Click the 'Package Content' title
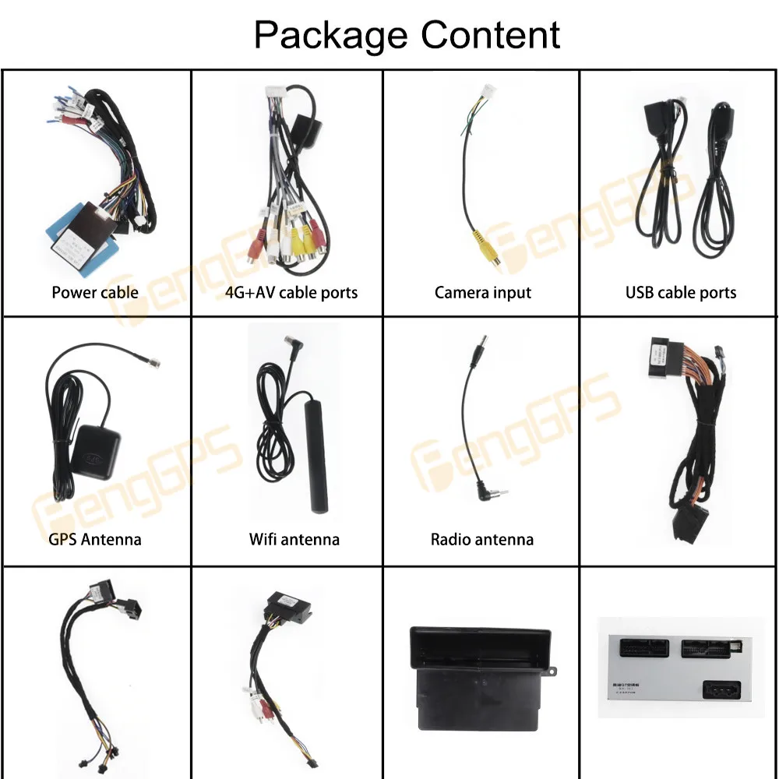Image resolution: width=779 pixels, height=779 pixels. (407, 34)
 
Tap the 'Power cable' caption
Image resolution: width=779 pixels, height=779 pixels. (95, 293)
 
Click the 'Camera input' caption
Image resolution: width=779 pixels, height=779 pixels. (482, 293)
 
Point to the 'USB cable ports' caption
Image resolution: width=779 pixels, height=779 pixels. (680, 293)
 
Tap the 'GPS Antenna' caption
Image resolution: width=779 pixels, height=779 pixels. (96, 539)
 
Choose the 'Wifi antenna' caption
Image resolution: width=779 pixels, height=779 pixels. (294, 539)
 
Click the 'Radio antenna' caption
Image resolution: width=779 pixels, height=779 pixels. (482, 539)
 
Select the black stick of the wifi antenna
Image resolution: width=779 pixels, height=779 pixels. (315, 475)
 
